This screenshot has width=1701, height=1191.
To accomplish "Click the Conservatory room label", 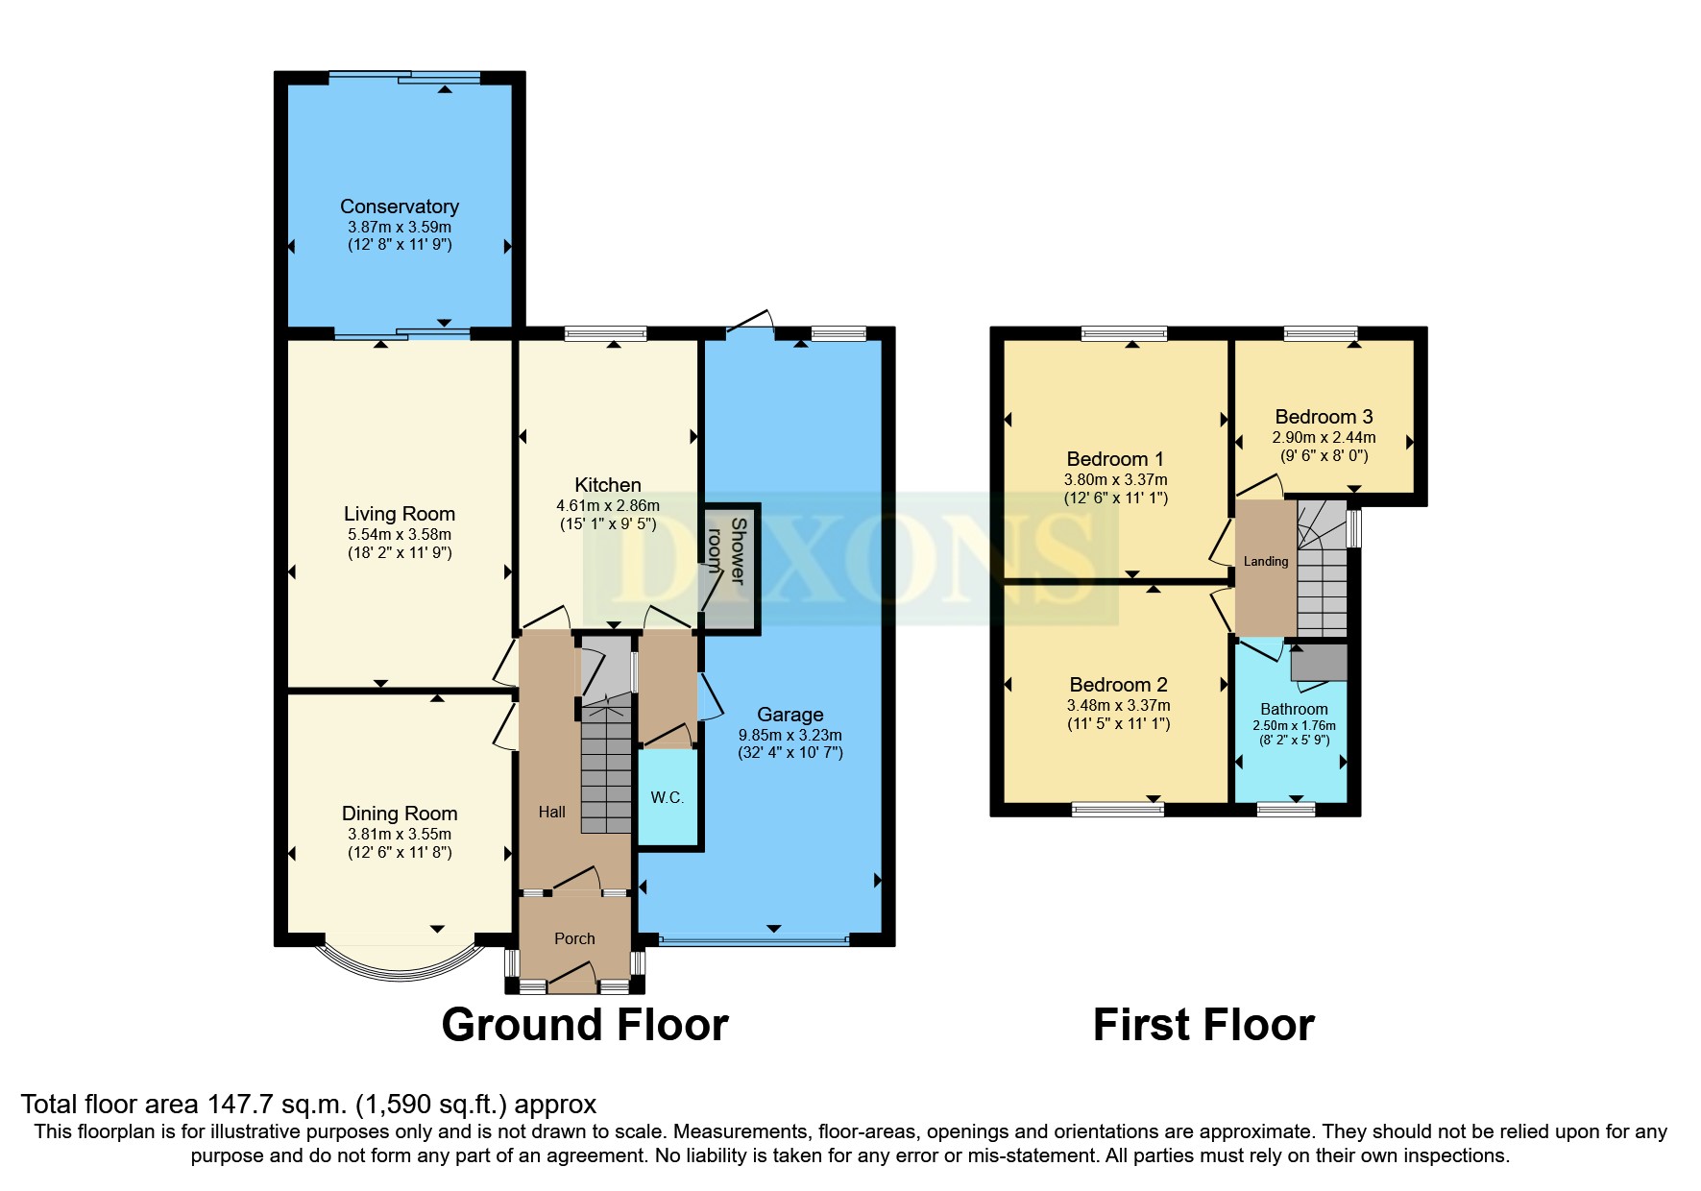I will (399, 207).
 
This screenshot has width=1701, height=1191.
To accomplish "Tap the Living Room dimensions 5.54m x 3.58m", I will (399, 534).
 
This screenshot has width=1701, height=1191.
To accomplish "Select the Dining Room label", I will (399, 814).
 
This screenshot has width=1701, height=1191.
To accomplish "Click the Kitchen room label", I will (607, 485).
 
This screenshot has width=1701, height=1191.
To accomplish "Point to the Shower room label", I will (728, 552).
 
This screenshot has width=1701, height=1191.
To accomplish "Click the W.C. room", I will (667, 797).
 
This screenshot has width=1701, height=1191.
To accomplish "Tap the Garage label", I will (790, 715).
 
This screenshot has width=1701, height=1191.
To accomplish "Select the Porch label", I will (574, 938).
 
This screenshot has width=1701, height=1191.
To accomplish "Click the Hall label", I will (551, 812).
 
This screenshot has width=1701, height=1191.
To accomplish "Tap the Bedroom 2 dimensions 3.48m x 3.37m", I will (1118, 705).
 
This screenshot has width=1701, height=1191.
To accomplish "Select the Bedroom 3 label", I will (1323, 417).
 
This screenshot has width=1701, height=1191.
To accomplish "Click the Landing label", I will (1265, 562).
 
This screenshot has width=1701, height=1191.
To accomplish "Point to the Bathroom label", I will (1293, 709).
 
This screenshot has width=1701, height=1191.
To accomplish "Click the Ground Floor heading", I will (584, 1025).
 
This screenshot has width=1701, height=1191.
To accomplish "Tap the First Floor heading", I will (1203, 1025).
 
